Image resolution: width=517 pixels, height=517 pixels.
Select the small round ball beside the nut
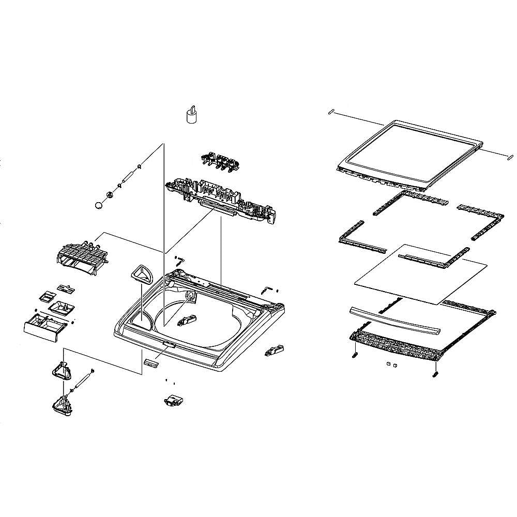(x=99, y=205)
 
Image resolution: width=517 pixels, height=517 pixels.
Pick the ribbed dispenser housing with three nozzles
(x=81, y=255)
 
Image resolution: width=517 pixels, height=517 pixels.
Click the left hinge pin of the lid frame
(x=332, y=111)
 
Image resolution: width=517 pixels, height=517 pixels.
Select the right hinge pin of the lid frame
(x=509, y=154)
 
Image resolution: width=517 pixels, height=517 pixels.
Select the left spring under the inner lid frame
(x=354, y=355)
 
